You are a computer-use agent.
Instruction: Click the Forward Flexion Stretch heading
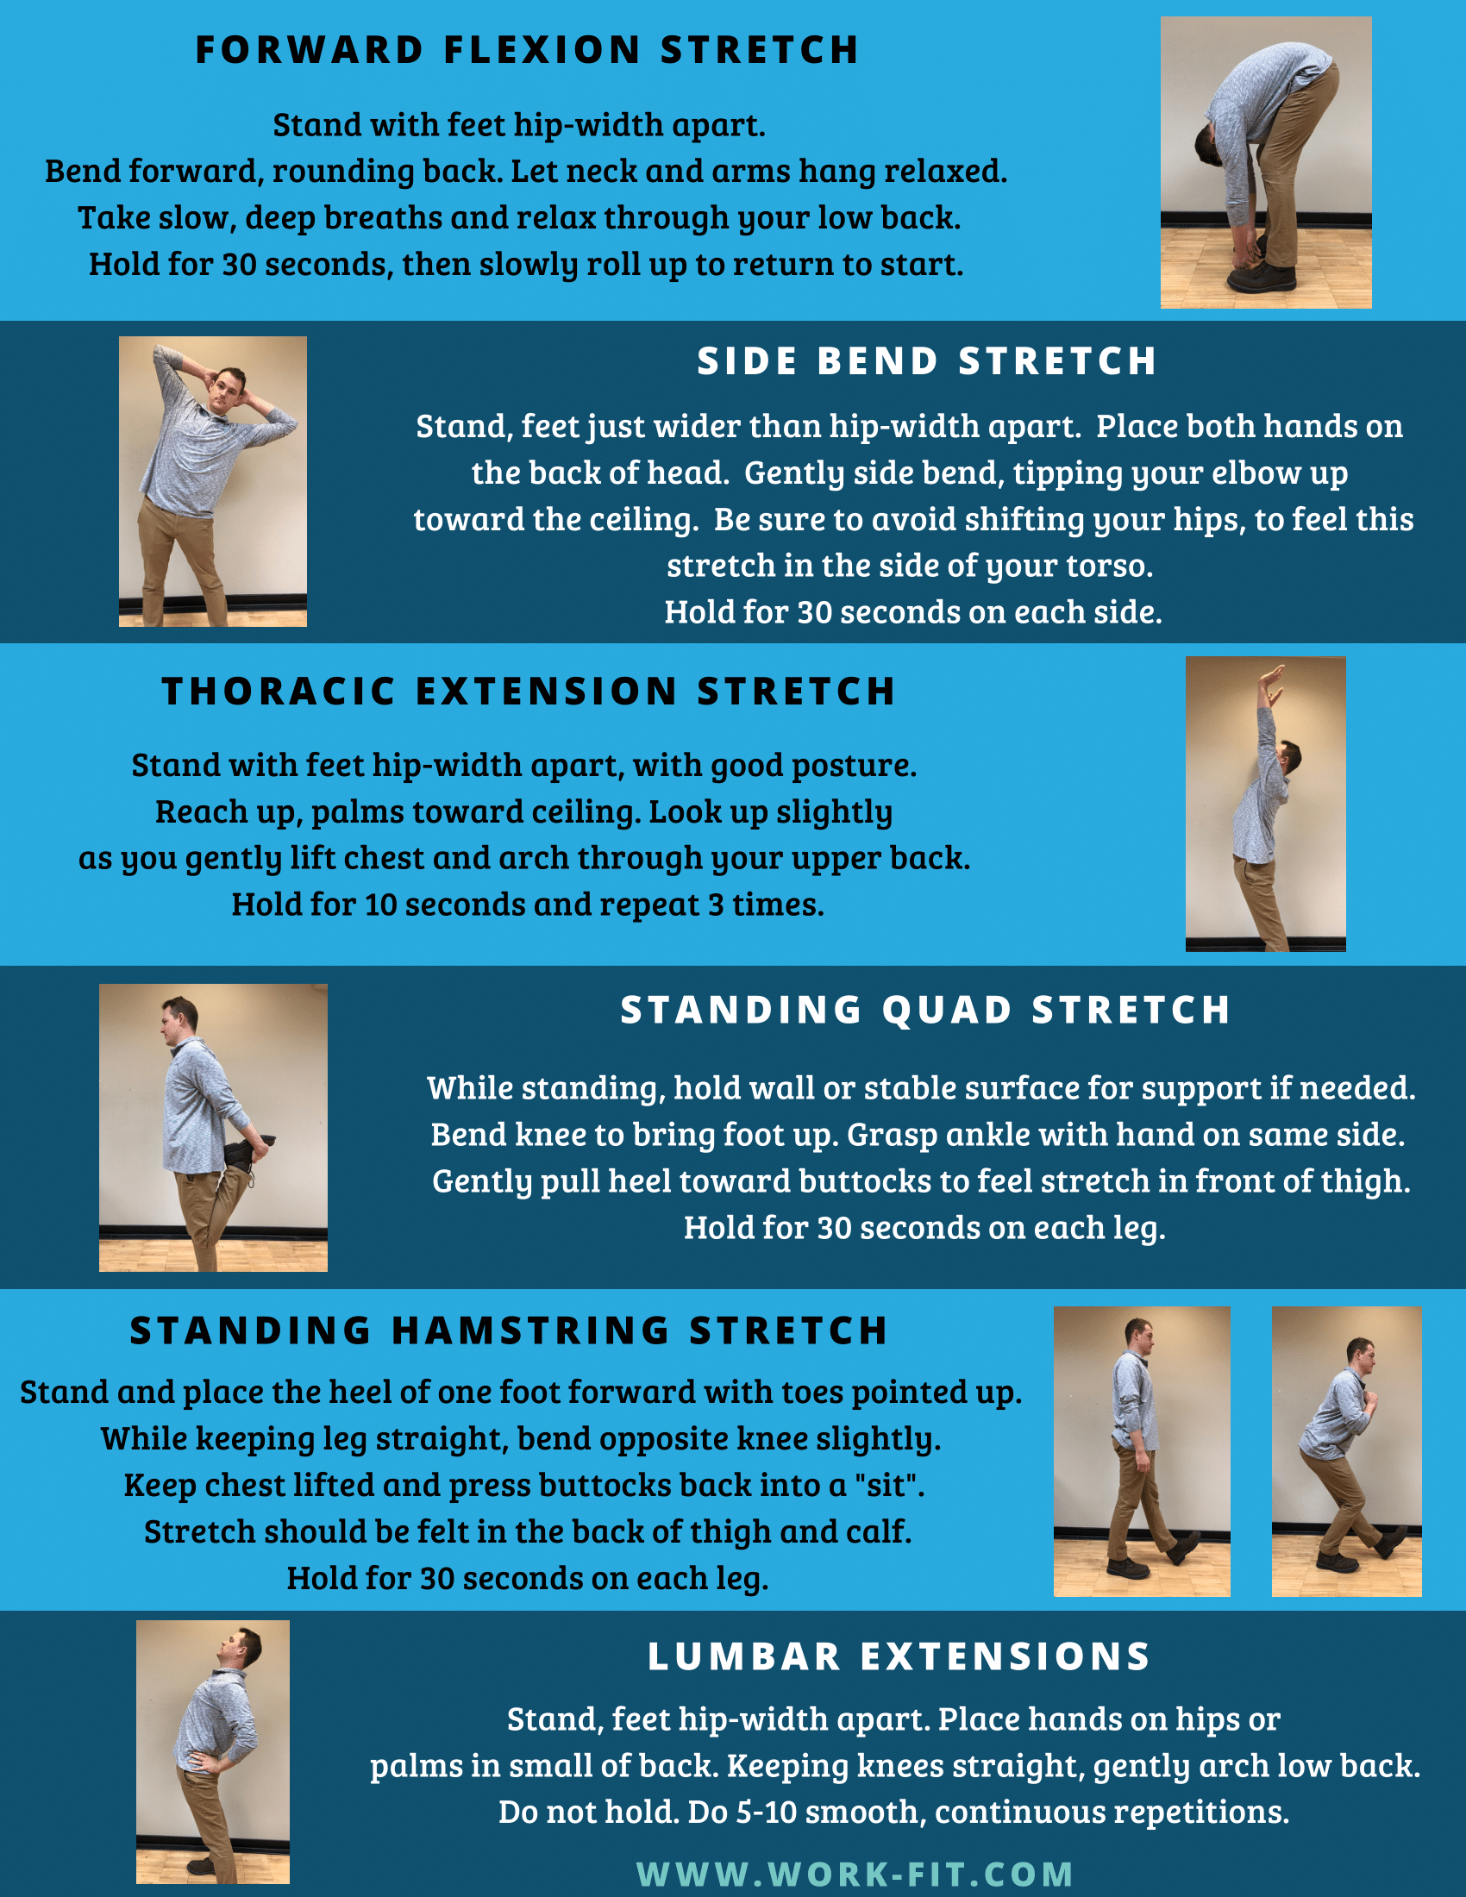(x=527, y=49)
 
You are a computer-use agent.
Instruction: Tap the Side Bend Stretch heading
(x=928, y=361)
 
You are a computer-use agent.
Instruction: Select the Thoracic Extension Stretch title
(x=528, y=692)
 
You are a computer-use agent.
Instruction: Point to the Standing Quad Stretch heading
(x=926, y=1011)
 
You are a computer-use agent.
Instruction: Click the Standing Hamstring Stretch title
(x=509, y=1330)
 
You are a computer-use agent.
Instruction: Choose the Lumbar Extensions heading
(x=899, y=1656)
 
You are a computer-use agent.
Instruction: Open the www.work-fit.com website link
(x=855, y=1874)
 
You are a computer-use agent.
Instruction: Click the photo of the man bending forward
(x=1266, y=162)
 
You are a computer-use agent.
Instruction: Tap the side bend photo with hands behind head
(x=213, y=481)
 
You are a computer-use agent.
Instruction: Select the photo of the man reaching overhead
(x=1265, y=804)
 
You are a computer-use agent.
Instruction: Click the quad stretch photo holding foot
(x=213, y=1128)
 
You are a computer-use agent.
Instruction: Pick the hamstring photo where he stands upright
(x=1142, y=1451)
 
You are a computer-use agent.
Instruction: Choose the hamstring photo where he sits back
(x=1347, y=1451)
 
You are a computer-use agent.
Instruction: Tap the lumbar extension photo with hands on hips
(x=213, y=1752)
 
